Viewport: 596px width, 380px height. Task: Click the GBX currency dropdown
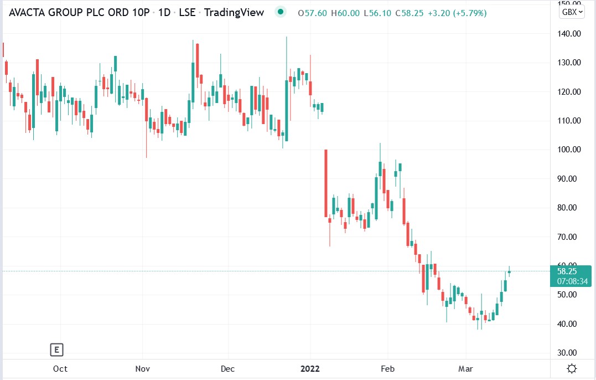pos(572,12)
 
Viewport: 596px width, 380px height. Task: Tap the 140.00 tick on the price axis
pos(569,34)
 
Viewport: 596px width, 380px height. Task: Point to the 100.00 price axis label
pos(569,150)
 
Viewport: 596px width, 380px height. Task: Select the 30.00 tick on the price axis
pos(569,353)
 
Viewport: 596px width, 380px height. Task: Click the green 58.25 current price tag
pos(568,271)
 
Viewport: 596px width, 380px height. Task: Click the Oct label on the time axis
pos(60,369)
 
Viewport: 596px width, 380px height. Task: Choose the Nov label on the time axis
pos(143,369)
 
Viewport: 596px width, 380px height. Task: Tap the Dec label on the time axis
pos(227,369)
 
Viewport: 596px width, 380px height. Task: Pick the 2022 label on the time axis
pos(310,369)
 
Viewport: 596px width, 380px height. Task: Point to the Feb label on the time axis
pos(388,369)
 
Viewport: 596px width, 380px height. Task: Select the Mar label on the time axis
pos(466,369)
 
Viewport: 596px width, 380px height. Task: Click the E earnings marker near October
pos(56,350)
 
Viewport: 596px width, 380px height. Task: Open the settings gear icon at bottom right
pos(572,369)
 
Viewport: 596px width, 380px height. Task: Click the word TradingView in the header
pos(234,12)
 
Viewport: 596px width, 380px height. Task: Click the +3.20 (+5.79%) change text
pos(459,13)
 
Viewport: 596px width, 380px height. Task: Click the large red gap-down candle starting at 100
pos(326,183)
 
